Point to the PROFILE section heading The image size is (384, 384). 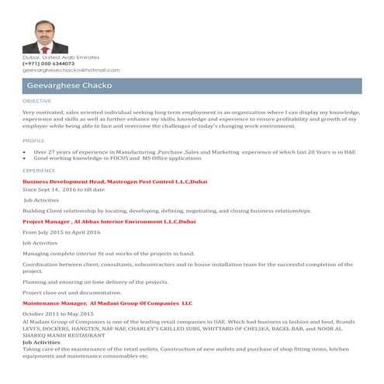[x=33, y=140]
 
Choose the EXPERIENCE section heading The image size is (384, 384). [x=39, y=169]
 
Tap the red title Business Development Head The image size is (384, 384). [x=59, y=181]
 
